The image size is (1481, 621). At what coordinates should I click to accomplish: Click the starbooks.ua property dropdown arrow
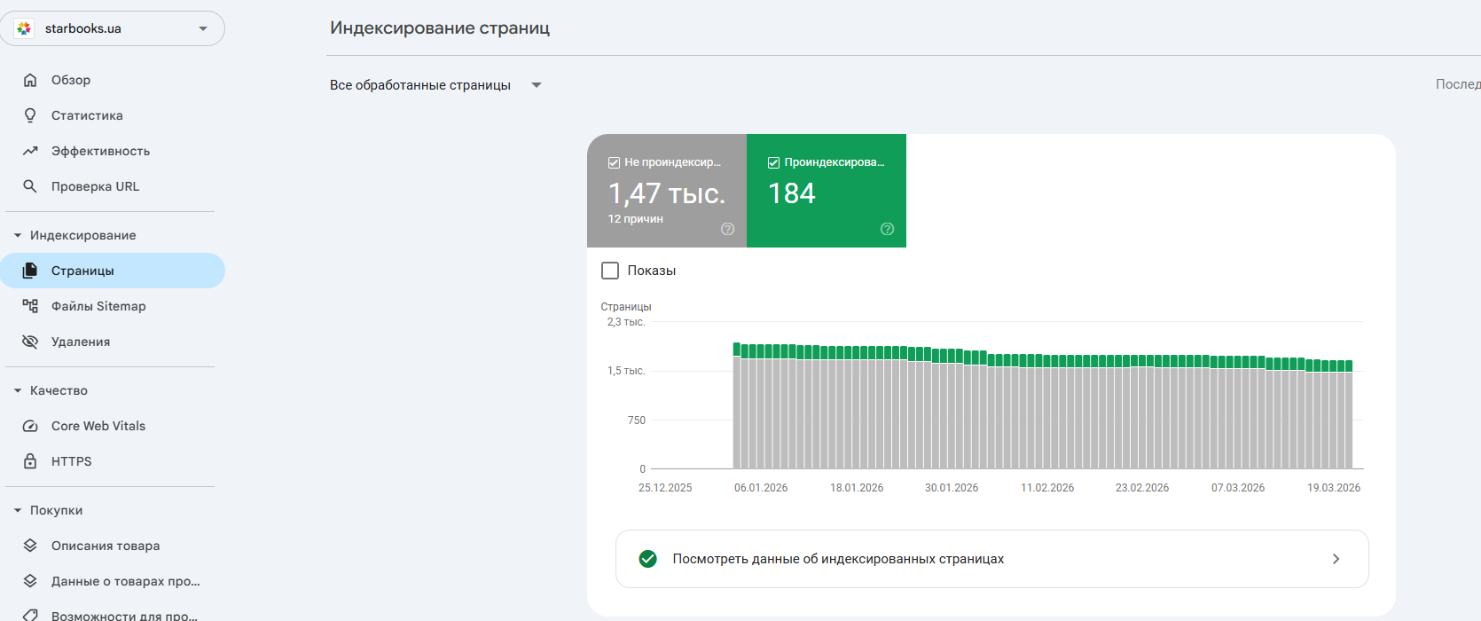pos(203,28)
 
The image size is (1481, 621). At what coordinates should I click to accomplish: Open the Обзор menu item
pos(71,80)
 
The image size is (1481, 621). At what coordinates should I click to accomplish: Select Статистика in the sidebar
pos(87,115)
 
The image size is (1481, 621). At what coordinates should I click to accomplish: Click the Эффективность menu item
pos(100,151)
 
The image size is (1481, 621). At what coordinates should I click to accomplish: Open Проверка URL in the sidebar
pos(95,186)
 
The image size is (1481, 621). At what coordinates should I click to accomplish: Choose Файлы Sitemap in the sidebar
pos(98,306)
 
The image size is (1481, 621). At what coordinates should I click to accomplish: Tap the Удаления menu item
pos(81,342)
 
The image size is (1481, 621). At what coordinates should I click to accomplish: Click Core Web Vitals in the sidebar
pos(98,426)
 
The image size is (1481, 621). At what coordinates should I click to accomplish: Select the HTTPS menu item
pos(72,461)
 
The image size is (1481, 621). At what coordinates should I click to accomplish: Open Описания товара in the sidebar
pos(106,546)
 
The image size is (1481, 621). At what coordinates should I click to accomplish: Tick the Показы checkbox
pos(610,271)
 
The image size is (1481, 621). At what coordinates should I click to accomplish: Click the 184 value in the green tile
pos(791,193)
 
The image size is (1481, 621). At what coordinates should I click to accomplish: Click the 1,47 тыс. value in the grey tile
pos(666,193)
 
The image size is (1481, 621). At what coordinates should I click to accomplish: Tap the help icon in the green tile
pos(887,229)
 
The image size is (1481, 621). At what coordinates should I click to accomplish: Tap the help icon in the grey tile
pos(727,229)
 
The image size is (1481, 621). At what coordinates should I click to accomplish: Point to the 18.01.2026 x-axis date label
pos(857,488)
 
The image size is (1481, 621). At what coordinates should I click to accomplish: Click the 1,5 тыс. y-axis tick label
pos(626,371)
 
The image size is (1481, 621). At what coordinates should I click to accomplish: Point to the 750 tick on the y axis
pos(637,421)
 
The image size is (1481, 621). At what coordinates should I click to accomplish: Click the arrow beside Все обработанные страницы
pos(537,85)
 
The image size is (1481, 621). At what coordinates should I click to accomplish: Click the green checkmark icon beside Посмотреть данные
pos(648,559)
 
